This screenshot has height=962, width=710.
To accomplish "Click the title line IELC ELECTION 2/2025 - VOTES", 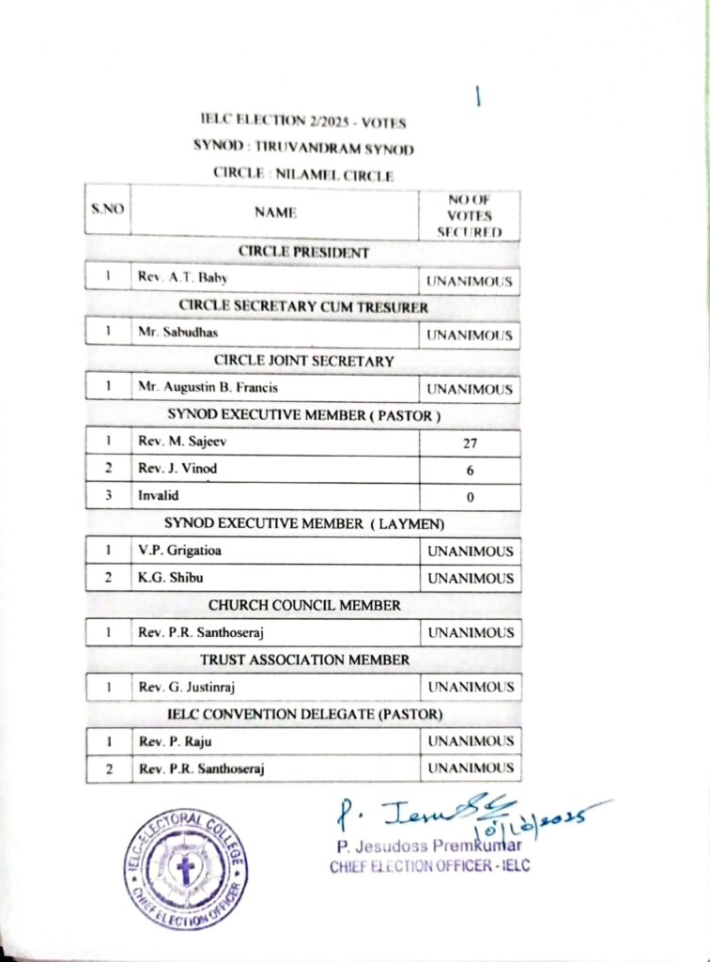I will pos(302,121).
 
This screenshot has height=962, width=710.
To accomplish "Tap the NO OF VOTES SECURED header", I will pos(470,215).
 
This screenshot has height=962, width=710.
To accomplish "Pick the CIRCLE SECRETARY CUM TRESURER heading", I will pos(303,307).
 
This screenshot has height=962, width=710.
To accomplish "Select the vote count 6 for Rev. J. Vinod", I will pos(470,470).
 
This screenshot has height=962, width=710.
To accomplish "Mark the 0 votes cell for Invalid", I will pos(470,497).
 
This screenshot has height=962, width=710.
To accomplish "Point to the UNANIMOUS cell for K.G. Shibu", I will pos(470,579).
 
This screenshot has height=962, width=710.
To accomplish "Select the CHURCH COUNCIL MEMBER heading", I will pos(304,606).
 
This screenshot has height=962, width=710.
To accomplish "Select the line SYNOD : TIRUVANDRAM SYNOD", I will pos(302,147).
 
